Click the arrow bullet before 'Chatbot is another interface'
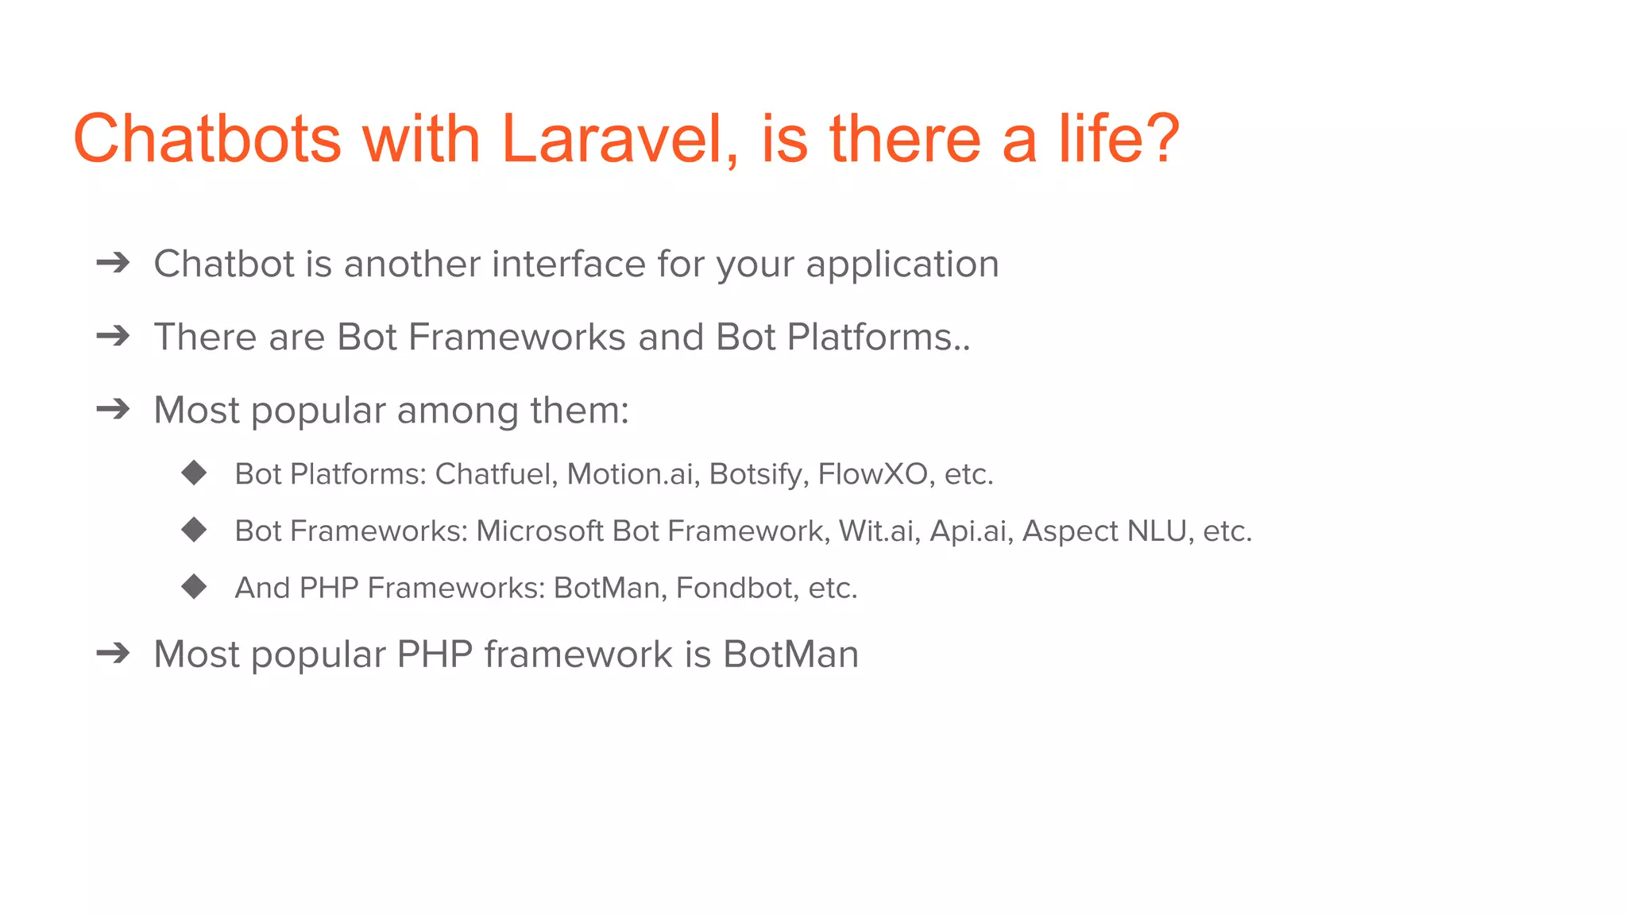click(113, 263)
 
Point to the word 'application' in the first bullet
click(902, 265)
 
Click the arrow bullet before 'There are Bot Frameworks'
click(113, 336)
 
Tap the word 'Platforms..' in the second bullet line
click(879, 337)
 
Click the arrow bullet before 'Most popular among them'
click(113, 409)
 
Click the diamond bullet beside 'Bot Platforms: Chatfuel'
click(194, 473)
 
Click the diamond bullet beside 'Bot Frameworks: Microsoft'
click(194, 530)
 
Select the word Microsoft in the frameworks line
click(539, 531)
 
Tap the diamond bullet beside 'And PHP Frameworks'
click(194, 587)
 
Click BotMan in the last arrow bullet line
click(790, 654)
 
